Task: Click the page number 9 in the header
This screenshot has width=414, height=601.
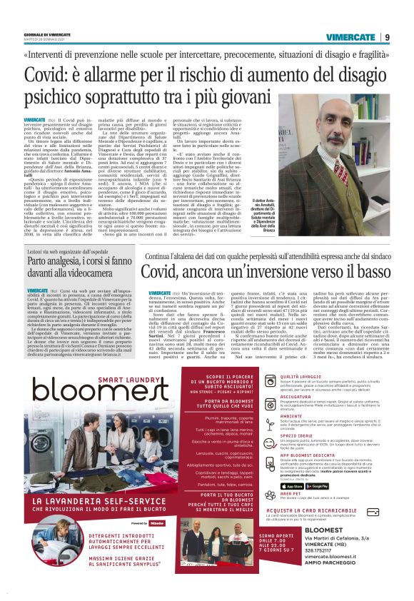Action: tap(387, 36)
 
